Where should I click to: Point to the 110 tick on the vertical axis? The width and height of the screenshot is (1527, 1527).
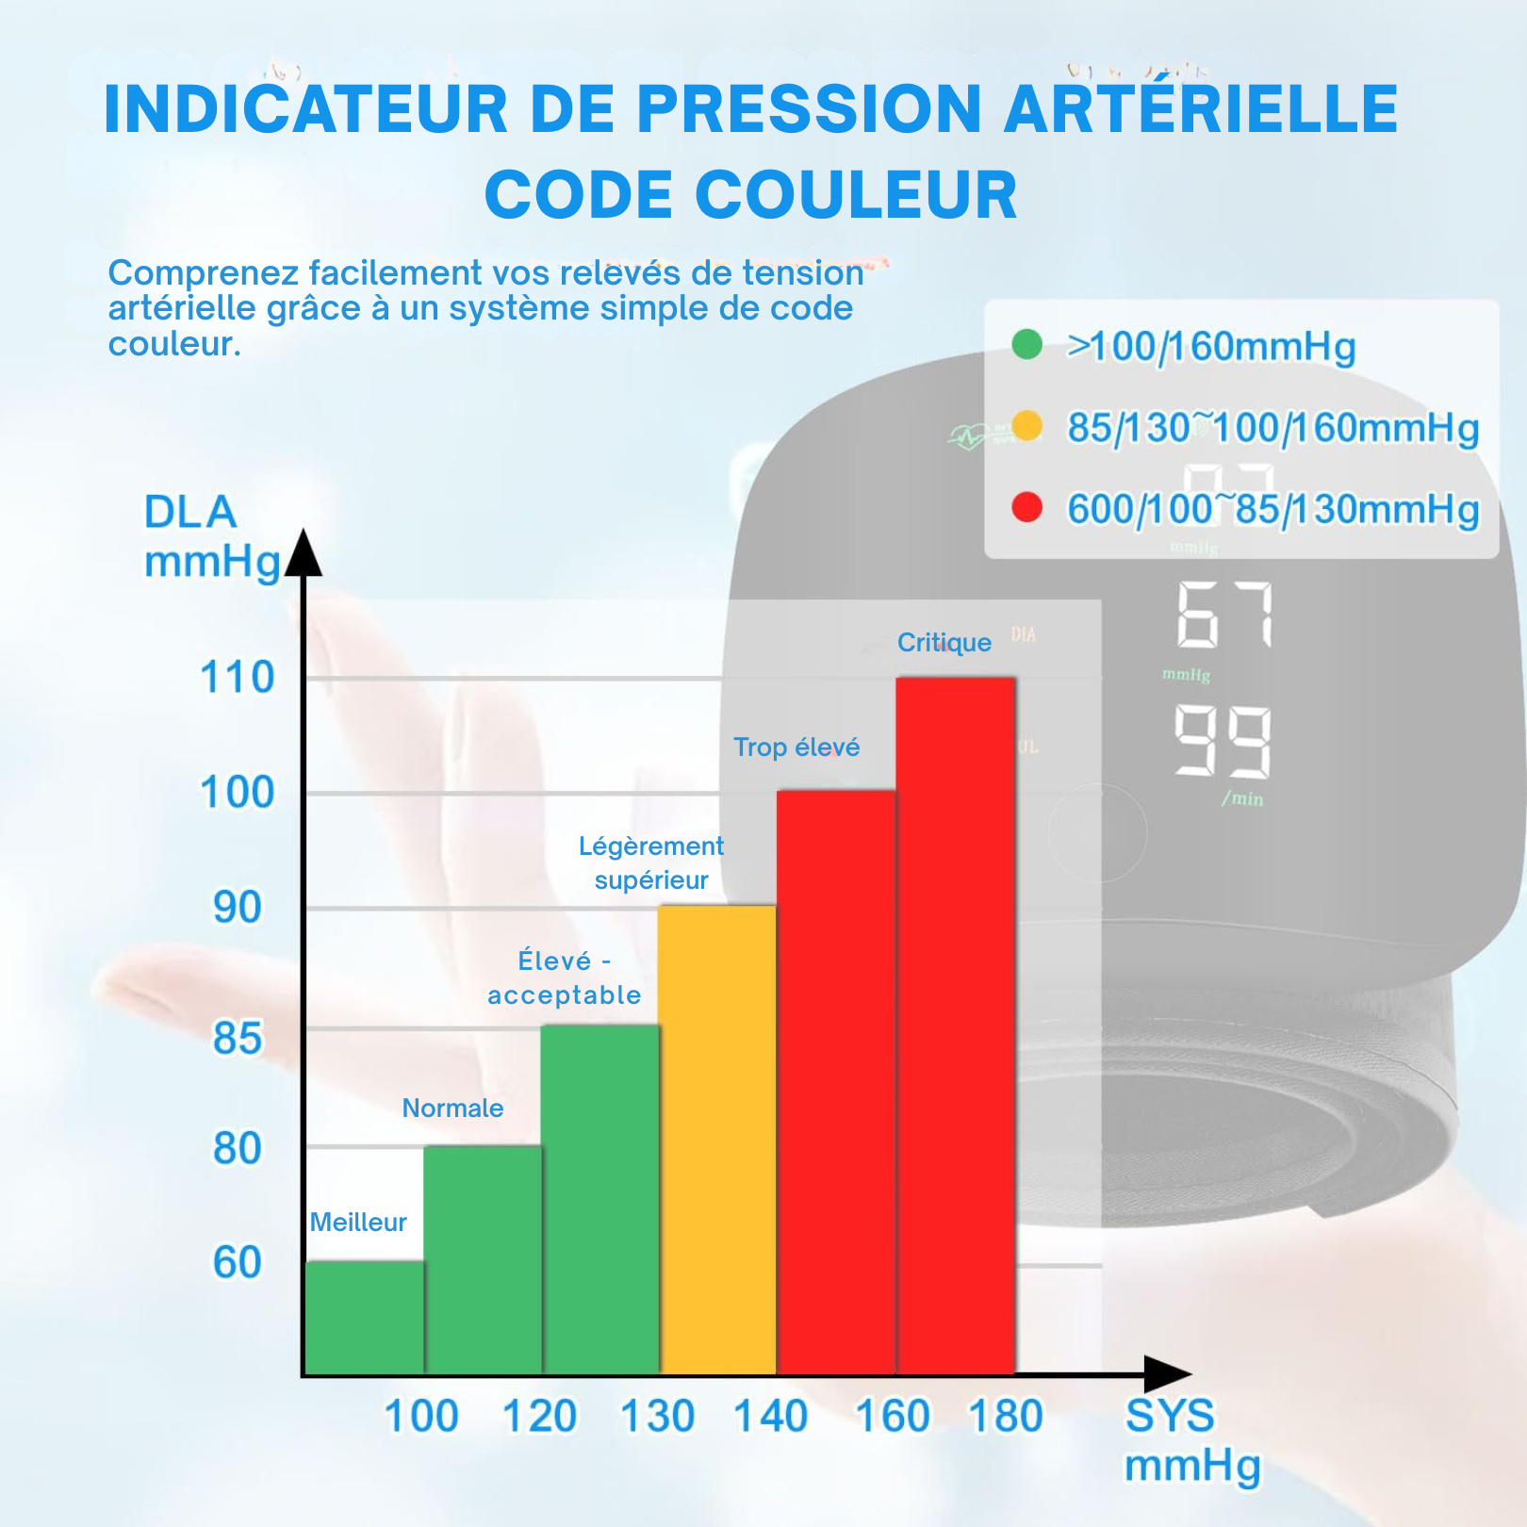[238, 678]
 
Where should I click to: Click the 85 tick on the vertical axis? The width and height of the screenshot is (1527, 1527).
[238, 1039]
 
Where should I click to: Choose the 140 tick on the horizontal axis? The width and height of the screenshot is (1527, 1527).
[771, 1416]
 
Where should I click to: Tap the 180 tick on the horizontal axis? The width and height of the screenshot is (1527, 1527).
[1007, 1416]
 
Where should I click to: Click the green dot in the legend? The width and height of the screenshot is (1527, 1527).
[1026, 344]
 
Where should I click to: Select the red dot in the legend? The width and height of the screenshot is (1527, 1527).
[1026, 507]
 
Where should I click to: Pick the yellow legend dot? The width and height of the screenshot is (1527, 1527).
[1026, 426]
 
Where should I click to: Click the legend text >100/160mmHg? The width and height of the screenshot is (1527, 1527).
[1211, 347]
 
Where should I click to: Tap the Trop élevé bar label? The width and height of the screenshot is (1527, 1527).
[796, 747]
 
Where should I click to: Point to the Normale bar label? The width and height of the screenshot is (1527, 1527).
[452, 1108]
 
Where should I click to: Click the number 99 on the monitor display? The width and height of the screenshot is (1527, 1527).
[1223, 742]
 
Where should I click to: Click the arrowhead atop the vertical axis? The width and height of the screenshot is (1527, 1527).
[304, 553]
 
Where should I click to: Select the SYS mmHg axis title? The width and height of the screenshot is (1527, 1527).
[1191, 1440]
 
